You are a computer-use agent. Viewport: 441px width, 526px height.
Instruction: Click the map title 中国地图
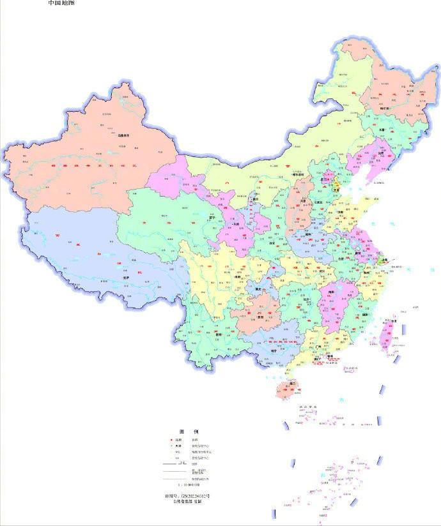[x=61, y=3]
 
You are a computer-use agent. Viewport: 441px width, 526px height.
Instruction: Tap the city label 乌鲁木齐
[x=123, y=135]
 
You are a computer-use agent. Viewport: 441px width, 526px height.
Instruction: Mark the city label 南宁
[x=274, y=350]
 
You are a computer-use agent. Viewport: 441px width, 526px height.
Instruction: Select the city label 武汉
[x=314, y=271]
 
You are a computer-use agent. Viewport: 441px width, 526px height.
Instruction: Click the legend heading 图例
[x=185, y=431]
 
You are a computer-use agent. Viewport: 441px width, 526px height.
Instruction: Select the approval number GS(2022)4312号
[x=185, y=495]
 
